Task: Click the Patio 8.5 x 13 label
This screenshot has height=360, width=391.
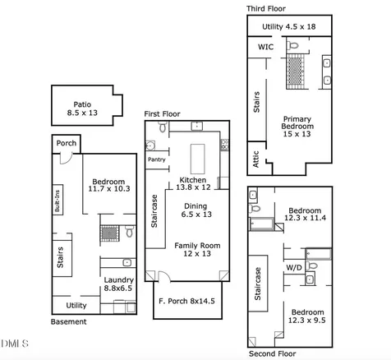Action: (82, 108)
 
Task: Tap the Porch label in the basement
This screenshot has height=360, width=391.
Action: (67, 143)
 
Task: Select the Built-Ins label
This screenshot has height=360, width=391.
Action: (57, 201)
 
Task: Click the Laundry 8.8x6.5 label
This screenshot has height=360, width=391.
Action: (118, 284)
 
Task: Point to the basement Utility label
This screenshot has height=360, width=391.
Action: (76, 305)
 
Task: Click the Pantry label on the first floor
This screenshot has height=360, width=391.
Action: (157, 159)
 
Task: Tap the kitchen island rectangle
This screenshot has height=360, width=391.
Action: (197, 159)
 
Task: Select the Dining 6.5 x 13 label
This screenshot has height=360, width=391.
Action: (196, 210)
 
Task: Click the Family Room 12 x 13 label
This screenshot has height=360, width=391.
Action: (197, 249)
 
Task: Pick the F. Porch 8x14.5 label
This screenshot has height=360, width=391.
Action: (186, 301)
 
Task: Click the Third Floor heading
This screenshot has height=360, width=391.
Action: (265, 9)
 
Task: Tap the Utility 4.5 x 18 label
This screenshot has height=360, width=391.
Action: (289, 26)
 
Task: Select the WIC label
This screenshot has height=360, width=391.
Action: (265, 47)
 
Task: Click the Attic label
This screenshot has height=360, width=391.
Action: (255, 159)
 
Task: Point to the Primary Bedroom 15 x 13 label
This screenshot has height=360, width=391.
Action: (297, 127)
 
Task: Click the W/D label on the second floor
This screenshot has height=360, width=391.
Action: (294, 268)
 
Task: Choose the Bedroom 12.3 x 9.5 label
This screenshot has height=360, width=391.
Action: (307, 316)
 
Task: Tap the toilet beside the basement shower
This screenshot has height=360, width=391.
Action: (129, 231)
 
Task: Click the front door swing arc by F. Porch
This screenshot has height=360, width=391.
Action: (164, 275)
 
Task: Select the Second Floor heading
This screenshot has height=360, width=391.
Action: (272, 353)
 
